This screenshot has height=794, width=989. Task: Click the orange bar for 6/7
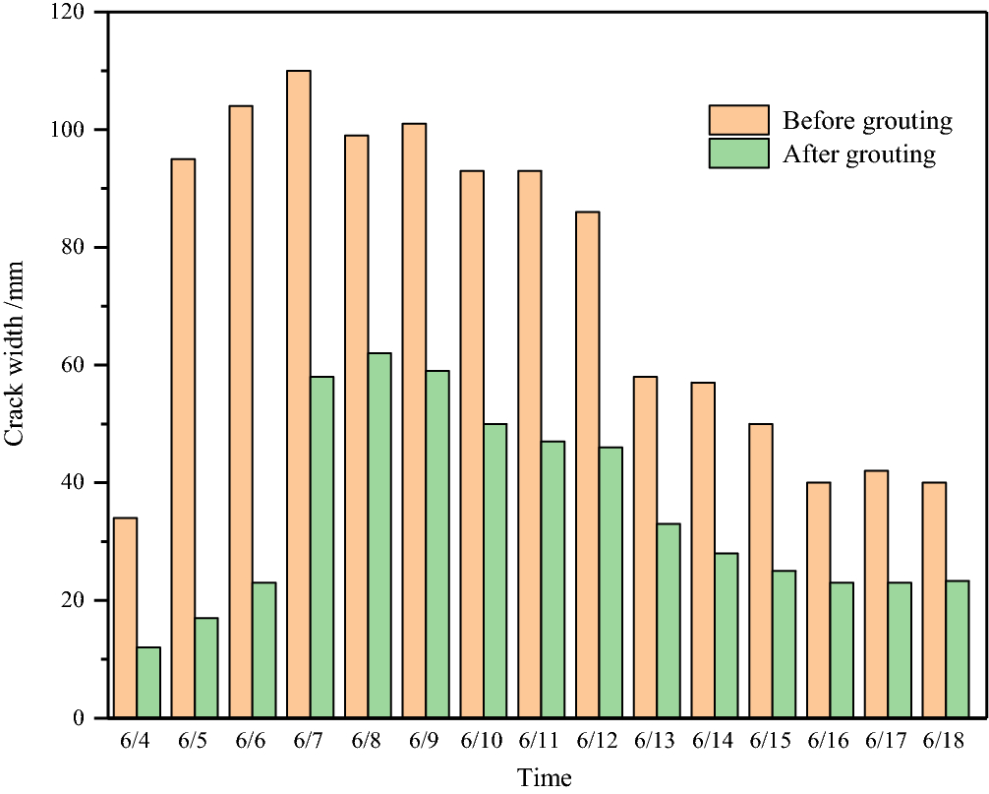tap(299, 394)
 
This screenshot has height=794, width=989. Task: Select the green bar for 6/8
tap(379, 535)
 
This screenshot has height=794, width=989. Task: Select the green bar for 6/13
tap(669, 620)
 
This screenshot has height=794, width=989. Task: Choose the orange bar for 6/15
tap(761, 571)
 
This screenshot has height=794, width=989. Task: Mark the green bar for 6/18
tap(958, 648)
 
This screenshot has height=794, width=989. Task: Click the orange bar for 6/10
tap(472, 444)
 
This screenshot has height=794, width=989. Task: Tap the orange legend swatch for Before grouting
tap(738, 120)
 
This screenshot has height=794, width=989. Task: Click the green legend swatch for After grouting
tap(738, 153)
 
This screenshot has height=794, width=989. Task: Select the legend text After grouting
tap(858, 154)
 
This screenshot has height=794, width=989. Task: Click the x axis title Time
tap(544, 777)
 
